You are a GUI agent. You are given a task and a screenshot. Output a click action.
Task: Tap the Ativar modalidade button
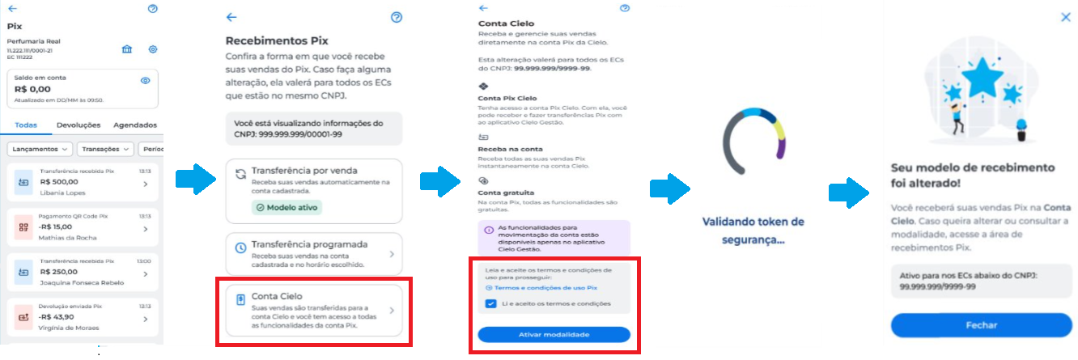[554, 334]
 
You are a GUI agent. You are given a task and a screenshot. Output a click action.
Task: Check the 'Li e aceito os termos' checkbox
[491, 303]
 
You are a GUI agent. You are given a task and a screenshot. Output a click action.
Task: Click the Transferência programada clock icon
[240, 248]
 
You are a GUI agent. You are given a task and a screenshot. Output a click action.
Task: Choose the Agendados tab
[135, 125]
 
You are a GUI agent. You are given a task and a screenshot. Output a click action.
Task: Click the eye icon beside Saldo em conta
[146, 80]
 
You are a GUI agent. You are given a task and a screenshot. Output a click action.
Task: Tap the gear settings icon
[152, 49]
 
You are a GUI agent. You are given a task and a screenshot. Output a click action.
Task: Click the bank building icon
[127, 49]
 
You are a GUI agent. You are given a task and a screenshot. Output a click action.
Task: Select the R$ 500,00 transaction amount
[58, 183]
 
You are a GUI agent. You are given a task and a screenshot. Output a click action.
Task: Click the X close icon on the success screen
[1065, 16]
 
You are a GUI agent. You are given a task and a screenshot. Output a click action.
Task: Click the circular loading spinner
[753, 142]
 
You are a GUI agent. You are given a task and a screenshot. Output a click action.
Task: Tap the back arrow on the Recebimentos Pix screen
[231, 17]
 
